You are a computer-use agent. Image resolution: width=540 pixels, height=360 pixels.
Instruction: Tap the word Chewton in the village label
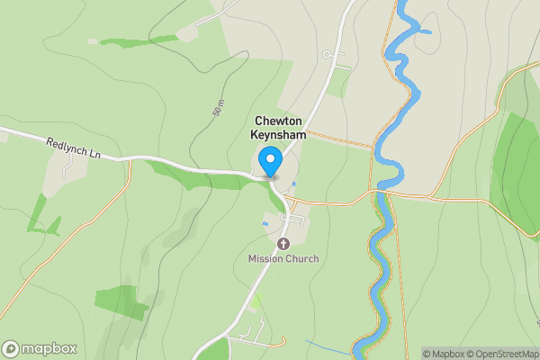(278, 121)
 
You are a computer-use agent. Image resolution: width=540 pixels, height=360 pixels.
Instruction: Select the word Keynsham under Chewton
(278, 135)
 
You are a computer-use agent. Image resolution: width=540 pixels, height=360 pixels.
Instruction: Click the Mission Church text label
(283, 259)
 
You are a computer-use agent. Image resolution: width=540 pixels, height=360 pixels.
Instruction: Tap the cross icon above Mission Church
(283, 244)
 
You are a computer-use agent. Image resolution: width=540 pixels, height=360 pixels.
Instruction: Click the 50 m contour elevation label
(218, 109)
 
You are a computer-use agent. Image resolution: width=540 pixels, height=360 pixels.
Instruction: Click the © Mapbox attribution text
(443, 354)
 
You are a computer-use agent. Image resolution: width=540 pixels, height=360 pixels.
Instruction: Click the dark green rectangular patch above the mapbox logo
(121, 302)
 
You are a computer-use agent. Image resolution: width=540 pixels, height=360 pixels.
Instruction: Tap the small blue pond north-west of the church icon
(264, 223)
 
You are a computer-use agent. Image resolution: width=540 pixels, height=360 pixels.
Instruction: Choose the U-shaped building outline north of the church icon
(296, 220)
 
